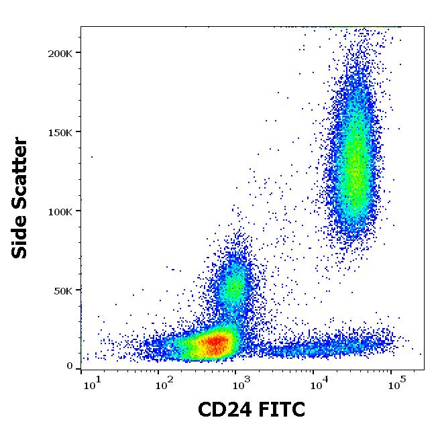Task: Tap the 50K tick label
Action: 63,290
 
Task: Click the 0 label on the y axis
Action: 70,366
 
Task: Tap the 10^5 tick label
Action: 398,383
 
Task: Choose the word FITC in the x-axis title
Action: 281,409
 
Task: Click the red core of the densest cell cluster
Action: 213,344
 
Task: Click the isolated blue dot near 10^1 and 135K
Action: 92,157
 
